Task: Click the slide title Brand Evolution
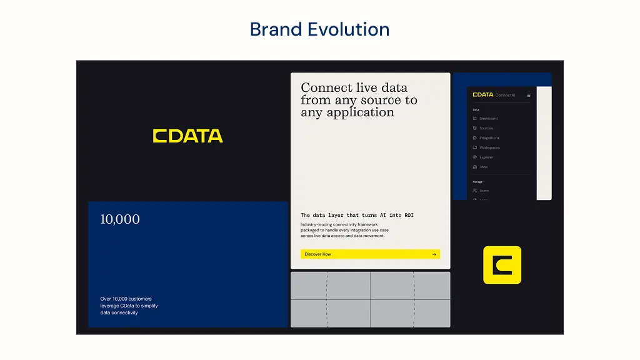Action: [319, 29]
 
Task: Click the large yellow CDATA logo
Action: [187, 136]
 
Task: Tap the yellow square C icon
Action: [502, 265]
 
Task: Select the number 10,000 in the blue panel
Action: [120, 219]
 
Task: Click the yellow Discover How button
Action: [370, 254]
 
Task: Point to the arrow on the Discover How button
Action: [434, 254]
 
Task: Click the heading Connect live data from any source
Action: [359, 100]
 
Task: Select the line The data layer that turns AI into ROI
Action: [357, 215]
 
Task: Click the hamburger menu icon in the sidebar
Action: [528, 95]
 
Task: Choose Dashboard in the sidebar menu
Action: [488, 118]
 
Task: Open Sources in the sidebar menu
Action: [486, 128]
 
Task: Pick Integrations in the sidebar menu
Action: [489, 137]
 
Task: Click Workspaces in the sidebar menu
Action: [489, 147]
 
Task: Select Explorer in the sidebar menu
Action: [486, 157]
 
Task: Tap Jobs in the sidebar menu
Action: [483, 167]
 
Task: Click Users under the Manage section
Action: [484, 190]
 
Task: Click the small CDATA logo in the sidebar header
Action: [482, 95]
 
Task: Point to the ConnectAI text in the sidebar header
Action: [505, 95]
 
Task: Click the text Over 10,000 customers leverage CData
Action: [129, 306]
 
